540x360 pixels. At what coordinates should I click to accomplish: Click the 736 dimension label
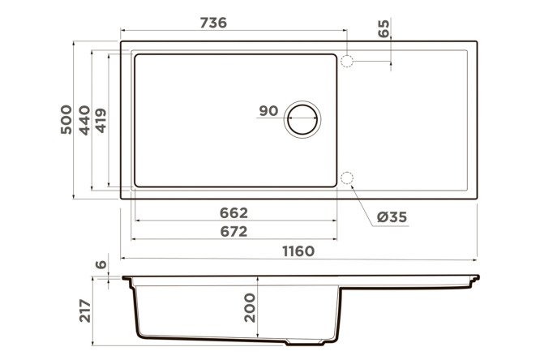coord(213,23)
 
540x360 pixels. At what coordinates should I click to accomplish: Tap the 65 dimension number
coord(384,28)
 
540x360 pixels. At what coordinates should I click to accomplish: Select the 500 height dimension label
coord(66,119)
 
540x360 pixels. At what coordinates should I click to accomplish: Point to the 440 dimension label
coord(84,120)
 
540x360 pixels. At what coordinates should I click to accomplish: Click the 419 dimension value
coord(101,120)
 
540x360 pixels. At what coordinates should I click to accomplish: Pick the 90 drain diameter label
coord(268,111)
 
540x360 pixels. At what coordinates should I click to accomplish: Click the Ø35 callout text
coord(392,217)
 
